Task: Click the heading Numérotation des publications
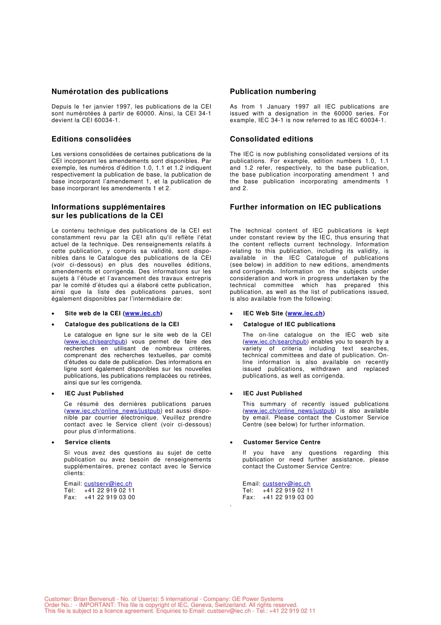pyautogui.click(x=110, y=92)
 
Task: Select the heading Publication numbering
pyautogui.click(x=272, y=92)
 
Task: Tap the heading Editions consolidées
pyautogui.click(x=91, y=139)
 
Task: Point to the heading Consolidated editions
pyautogui.click(x=271, y=139)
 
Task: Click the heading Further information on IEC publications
pyautogui.click(x=305, y=207)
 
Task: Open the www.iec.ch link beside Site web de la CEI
pyautogui.click(x=143, y=314)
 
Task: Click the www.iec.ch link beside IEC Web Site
pyautogui.click(x=305, y=314)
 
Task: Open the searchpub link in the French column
pyautogui.click(x=96, y=342)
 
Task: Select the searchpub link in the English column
pyautogui.click(x=275, y=342)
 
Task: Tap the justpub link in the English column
pyautogui.click(x=289, y=411)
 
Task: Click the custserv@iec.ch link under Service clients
pyautogui.click(x=108, y=484)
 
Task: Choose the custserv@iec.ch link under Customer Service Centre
pyautogui.click(x=286, y=484)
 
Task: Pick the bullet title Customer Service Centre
pyautogui.click(x=281, y=442)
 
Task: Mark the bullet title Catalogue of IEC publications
pyautogui.click(x=289, y=324)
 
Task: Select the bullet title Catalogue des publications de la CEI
pyautogui.click(x=122, y=324)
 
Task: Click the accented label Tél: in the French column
pyautogui.click(x=70, y=491)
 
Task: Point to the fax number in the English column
pyautogui.click(x=288, y=497)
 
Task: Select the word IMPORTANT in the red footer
pyautogui.click(x=97, y=605)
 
